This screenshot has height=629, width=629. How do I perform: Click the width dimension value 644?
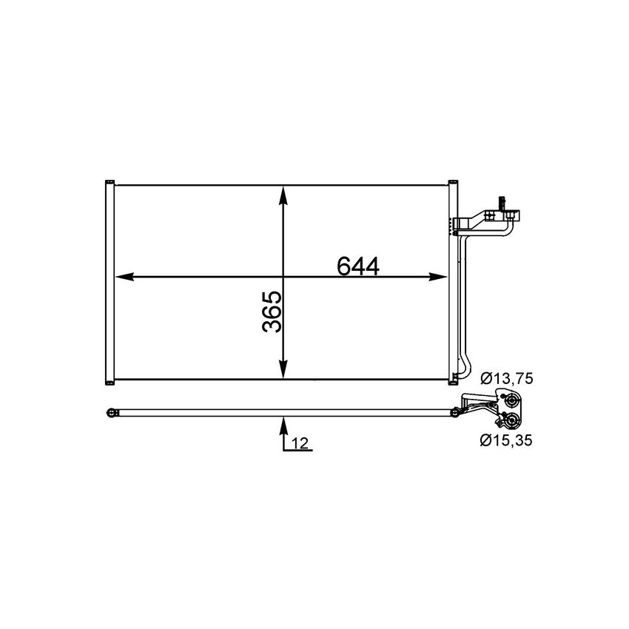point(357,266)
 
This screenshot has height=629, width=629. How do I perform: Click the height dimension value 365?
point(272,312)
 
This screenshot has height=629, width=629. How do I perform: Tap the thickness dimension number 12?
point(300,443)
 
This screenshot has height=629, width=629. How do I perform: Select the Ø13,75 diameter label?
point(506,379)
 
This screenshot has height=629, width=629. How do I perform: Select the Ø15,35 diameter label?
point(506,441)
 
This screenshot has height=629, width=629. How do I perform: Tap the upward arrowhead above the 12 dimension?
point(283,423)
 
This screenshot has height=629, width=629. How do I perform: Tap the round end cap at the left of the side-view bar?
point(111,412)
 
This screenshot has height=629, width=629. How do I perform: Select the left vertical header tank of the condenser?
point(109,281)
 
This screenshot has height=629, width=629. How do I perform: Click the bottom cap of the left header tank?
point(109,382)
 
